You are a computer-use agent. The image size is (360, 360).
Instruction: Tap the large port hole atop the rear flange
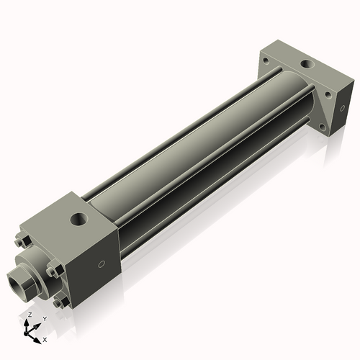(x=307, y=65)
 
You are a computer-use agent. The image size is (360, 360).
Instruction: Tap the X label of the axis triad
(x=45, y=338)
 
